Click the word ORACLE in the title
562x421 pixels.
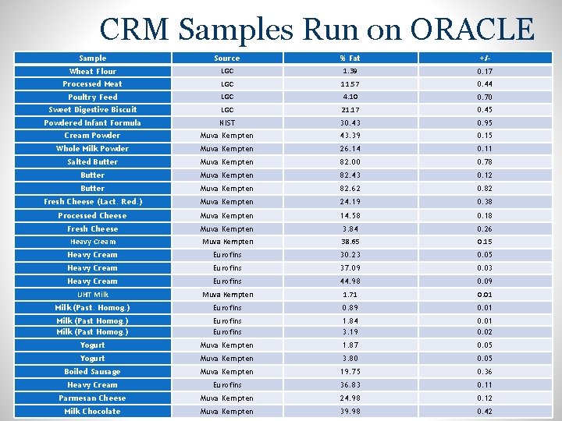(x=472, y=29)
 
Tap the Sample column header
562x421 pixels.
(x=92, y=58)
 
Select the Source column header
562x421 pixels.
(x=227, y=58)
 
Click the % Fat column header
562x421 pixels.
(x=350, y=58)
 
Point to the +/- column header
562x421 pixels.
(x=485, y=58)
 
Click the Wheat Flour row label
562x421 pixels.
(x=92, y=71)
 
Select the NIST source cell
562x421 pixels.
(x=227, y=123)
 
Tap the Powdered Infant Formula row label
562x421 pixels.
(x=92, y=123)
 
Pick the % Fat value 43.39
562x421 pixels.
(x=350, y=136)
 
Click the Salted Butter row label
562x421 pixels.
(x=92, y=162)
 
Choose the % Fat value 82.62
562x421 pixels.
(x=350, y=189)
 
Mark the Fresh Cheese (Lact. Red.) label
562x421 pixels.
(x=93, y=202)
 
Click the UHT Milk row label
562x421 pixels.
(x=93, y=295)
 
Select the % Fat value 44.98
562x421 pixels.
(x=350, y=281)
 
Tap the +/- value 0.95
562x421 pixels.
(x=485, y=123)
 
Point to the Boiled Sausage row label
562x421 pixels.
(x=92, y=372)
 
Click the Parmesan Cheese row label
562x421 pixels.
(x=92, y=398)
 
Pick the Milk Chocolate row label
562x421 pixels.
(x=92, y=412)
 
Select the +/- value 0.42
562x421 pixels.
(x=485, y=412)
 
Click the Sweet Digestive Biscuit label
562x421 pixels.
(x=93, y=110)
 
